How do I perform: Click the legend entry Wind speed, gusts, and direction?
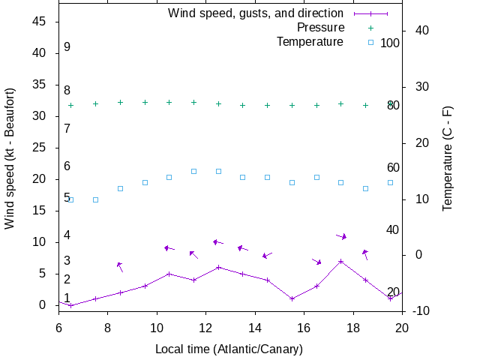pyautogui.click(x=255, y=13)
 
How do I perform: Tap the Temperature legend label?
pyautogui.click(x=310, y=42)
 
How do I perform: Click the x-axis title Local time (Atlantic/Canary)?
pyautogui.click(x=229, y=349)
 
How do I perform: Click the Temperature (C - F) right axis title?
pyautogui.click(x=448, y=158)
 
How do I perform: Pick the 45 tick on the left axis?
pyautogui.click(x=40, y=22)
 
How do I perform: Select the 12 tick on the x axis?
pyautogui.click(x=205, y=327)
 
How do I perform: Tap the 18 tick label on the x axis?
pyautogui.click(x=353, y=327)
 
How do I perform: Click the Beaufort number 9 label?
pyautogui.click(x=67, y=47)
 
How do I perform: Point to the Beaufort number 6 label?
pyautogui.click(x=67, y=166)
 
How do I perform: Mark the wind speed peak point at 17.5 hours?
pyautogui.click(x=341, y=261)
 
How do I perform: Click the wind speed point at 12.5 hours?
pyautogui.click(x=218, y=267)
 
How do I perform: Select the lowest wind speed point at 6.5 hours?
pyautogui.click(x=70, y=305)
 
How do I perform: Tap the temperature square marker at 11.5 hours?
pyautogui.click(x=193, y=171)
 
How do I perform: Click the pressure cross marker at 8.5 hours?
pyautogui.click(x=120, y=102)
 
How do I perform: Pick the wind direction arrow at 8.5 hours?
pyautogui.click(x=120, y=266)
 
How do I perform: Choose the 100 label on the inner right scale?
pyautogui.click(x=390, y=43)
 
